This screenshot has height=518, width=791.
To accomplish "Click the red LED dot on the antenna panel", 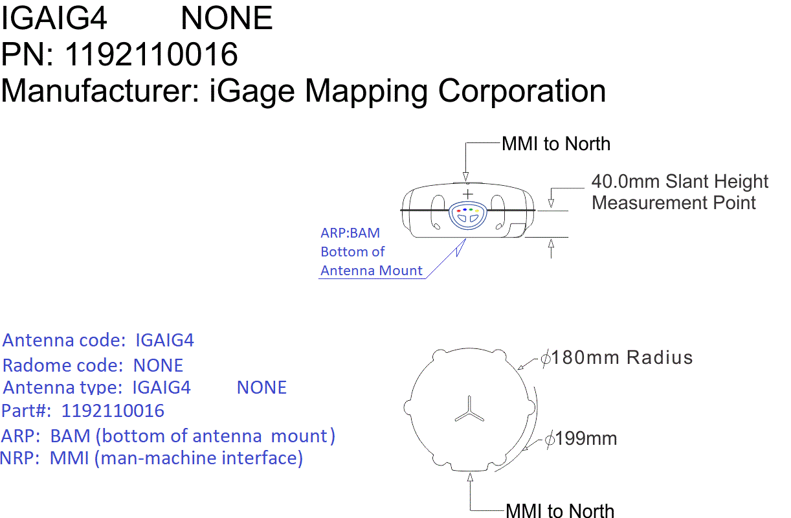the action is [x=459, y=211].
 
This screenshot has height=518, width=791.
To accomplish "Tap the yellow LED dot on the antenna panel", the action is [x=476, y=211].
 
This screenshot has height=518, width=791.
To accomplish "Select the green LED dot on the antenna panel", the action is [x=471, y=210].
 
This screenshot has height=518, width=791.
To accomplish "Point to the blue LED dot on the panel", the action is [x=465, y=210].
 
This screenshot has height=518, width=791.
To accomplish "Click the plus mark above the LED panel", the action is [x=468, y=194].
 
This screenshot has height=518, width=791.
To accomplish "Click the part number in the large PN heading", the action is [x=151, y=54].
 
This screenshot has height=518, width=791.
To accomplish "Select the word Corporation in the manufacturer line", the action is [x=522, y=91].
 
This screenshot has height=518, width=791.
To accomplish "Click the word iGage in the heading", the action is [x=252, y=91].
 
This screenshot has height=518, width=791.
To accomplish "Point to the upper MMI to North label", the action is [x=556, y=144].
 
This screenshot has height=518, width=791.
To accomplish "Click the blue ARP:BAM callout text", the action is [x=350, y=233].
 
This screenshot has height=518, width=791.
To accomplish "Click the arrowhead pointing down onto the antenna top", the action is [x=466, y=177].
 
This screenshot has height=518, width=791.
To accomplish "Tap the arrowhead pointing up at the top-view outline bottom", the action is [x=470, y=477].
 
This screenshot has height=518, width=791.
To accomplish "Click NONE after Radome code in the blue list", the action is [x=158, y=365].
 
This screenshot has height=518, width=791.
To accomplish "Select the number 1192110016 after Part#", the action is [x=113, y=411].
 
